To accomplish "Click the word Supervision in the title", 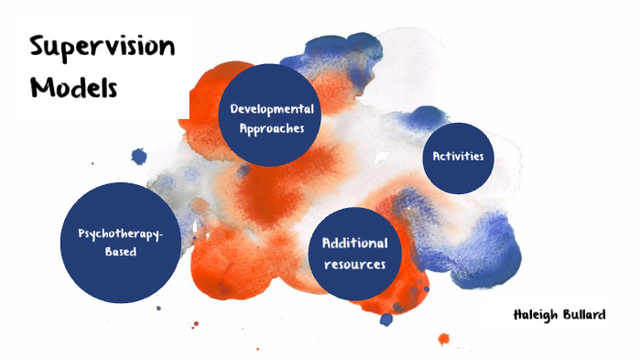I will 102,48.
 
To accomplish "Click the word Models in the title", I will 74,88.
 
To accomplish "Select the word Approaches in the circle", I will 271,128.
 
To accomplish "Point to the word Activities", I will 458,156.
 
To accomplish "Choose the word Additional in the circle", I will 353,244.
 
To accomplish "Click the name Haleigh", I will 538,316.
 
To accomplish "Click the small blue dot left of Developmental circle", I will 139,157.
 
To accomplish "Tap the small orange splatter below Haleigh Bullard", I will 444,339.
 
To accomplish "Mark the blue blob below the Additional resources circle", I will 386,319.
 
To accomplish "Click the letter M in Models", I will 42,88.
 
